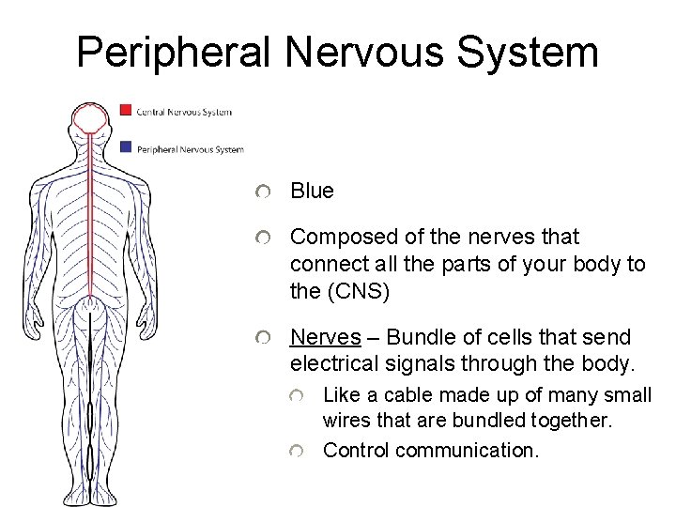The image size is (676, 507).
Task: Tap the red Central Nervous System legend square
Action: click(126, 110)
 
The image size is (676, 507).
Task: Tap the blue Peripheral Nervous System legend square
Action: click(126, 146)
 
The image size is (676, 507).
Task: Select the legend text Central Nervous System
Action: click(184, 113)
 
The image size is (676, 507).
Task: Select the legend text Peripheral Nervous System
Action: click(190, 149)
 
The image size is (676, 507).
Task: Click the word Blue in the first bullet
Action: click(312, 191)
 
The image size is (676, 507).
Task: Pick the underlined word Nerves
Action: click(325, 337)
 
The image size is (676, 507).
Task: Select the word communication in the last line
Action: click(467, 450)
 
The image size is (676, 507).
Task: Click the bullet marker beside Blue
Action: click(265, 192)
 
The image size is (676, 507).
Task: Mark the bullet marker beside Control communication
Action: click(296, 452)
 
